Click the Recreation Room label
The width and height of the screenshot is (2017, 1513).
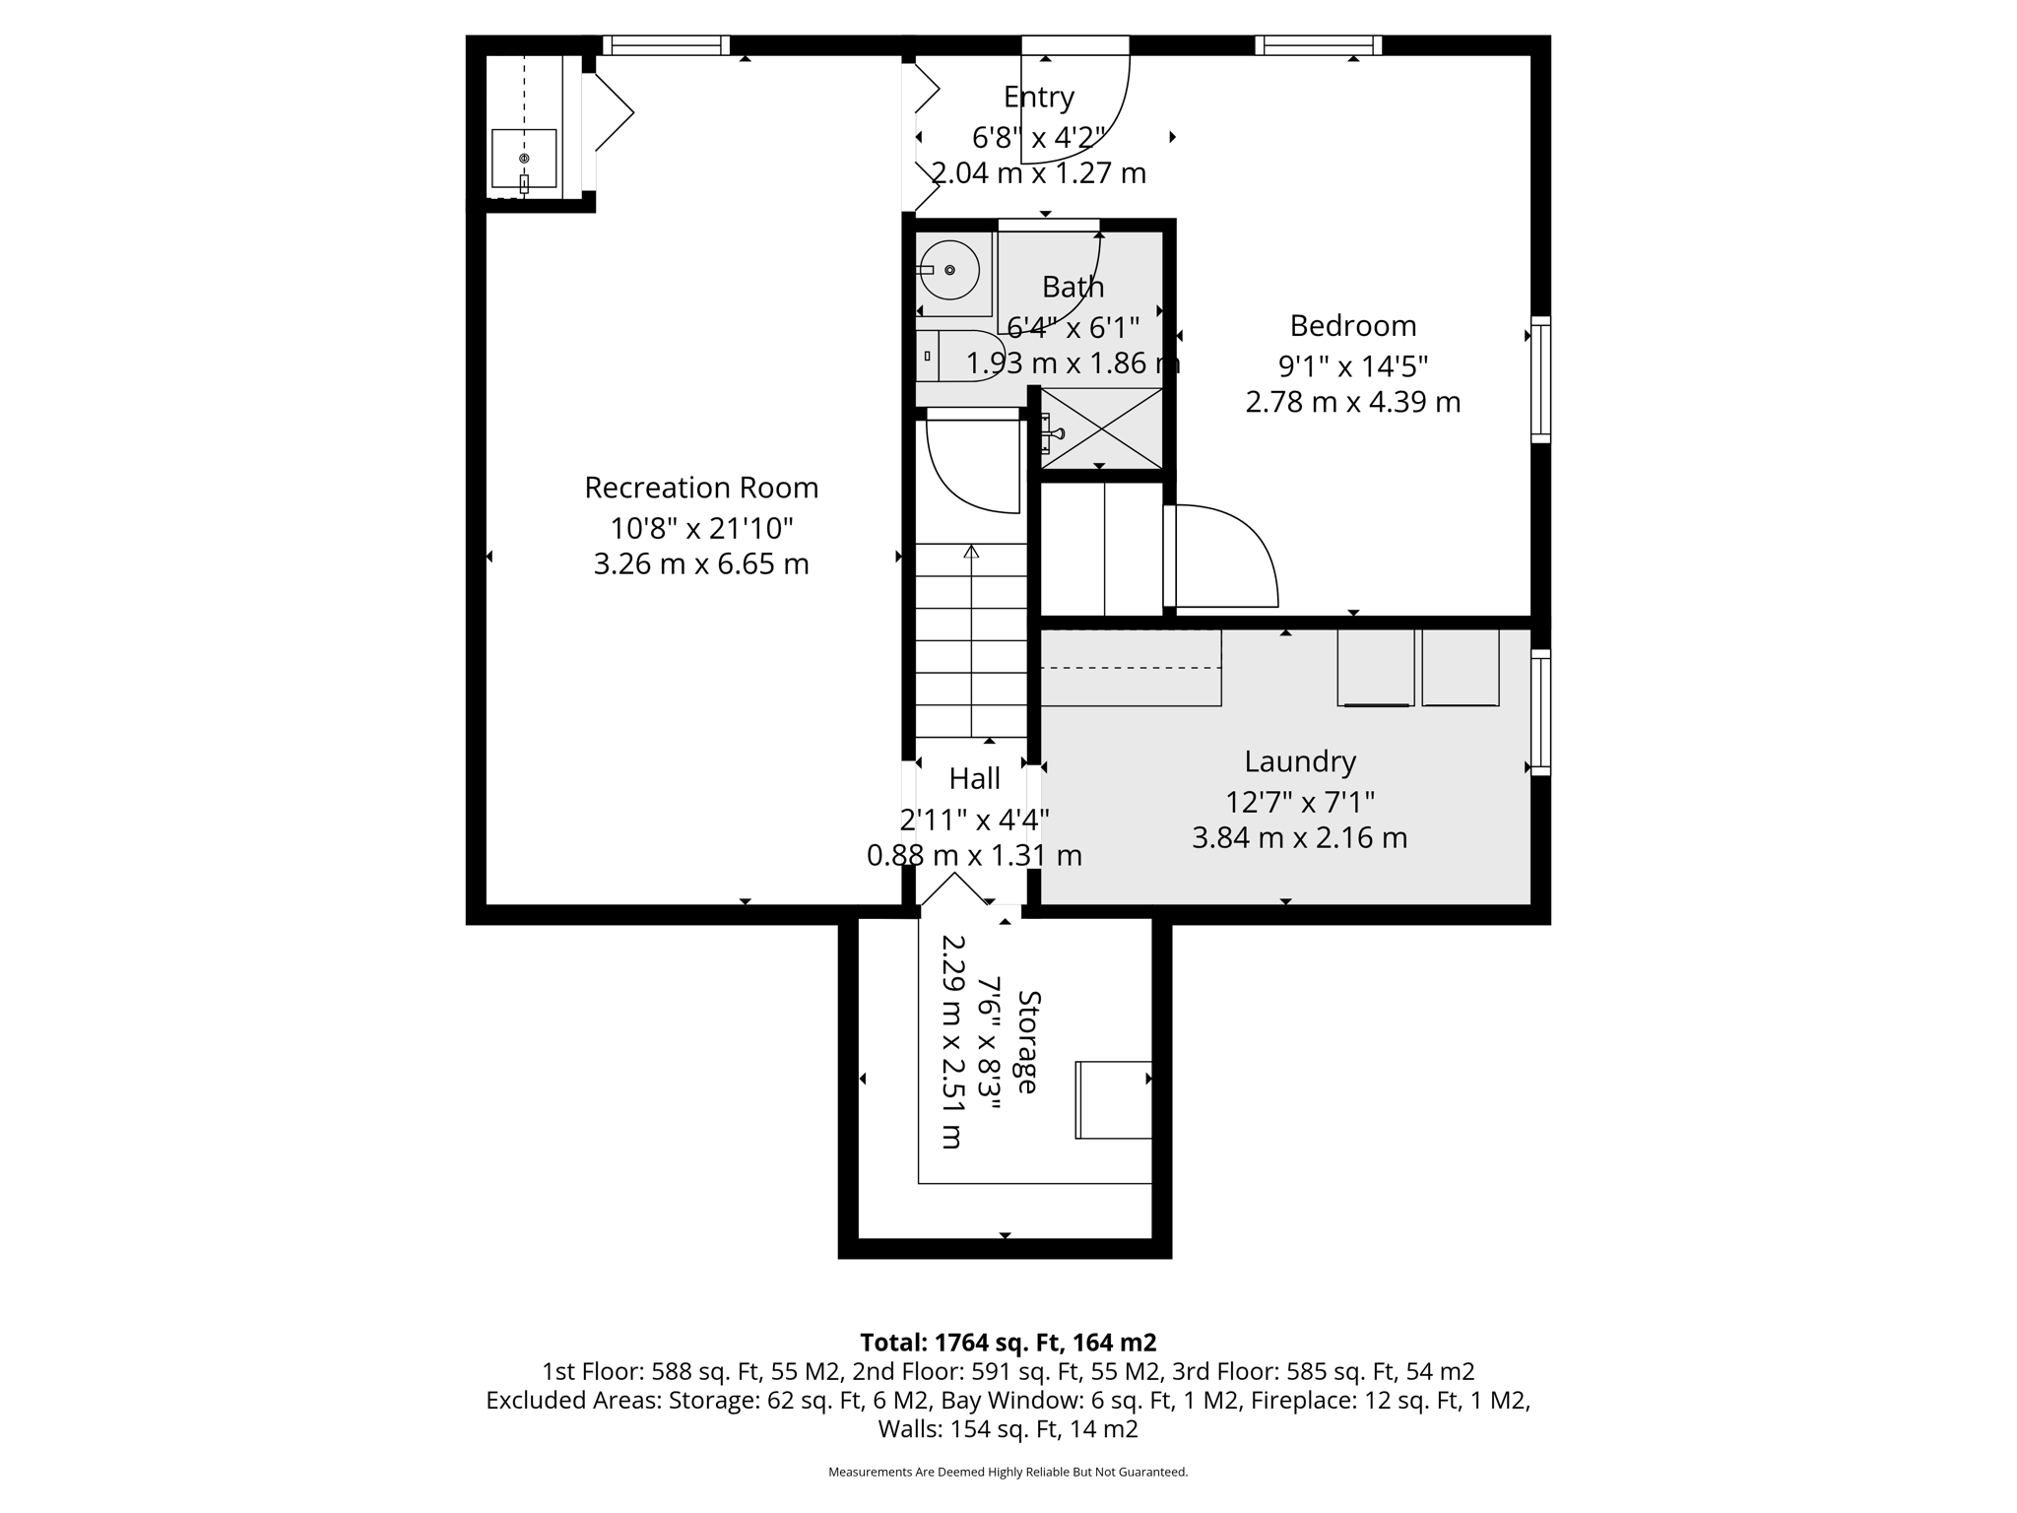click(x=701, y=488)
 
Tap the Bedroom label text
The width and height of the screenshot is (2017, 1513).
click(x=1352, y=325)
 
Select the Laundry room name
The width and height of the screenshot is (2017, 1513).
click(x=1299, y=761)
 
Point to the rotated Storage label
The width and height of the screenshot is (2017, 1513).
click(x=1027, y=1041)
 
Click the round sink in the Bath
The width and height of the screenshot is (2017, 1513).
click(x=949, y=270)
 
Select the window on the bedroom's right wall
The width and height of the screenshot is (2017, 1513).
click(x=1540, y=379)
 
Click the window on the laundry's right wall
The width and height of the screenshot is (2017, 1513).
click(x=1540, y=711)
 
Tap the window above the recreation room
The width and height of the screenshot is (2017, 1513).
click(x=666, y=45)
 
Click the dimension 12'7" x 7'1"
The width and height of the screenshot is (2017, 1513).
click(x=1299, y=802)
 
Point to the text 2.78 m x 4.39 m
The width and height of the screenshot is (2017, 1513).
click(x=1352, y=402)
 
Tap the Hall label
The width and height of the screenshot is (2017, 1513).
click(x=974, y=779)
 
